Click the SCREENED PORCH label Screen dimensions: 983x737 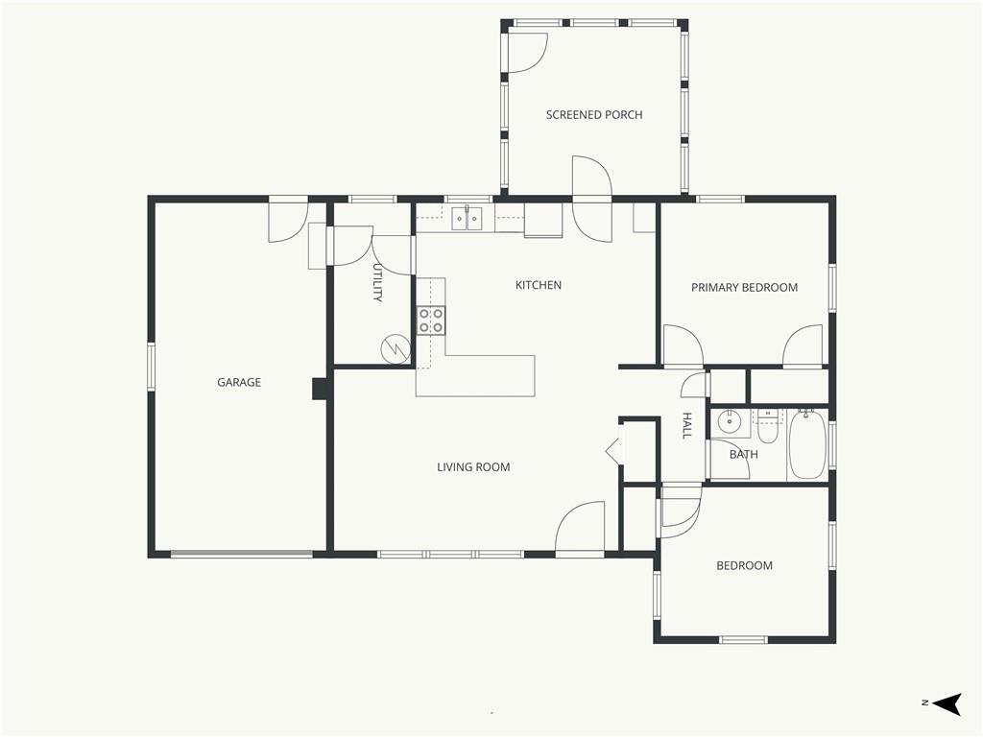(x=593, y=115)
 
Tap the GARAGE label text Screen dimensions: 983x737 (x=239, y=382)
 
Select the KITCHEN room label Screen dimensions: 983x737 (x=538, y=285)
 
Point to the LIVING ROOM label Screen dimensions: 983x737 (x=473, y=467)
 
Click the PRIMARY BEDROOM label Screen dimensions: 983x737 (x=744, y=288)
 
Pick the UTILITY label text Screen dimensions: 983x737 (x=377, y=283)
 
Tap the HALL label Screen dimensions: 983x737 (x=687, y=425)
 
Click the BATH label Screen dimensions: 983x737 (x=744, y=454)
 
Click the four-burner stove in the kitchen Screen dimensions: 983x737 (x=431, y=321)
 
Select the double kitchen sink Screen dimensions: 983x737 (x=468, y=218)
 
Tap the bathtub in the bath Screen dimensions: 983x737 (x=806, y=444)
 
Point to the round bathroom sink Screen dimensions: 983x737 (x=730, y=421)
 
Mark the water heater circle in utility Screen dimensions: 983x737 (x=394, y=348)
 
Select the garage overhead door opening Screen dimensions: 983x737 (x=242, y=554)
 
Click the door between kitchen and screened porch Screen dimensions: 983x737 (x=591, y=199)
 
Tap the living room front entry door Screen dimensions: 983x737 (x=580, y=529)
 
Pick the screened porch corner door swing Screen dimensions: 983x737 (x=528, y=53)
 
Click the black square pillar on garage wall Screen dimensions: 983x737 (x=322, y=389)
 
